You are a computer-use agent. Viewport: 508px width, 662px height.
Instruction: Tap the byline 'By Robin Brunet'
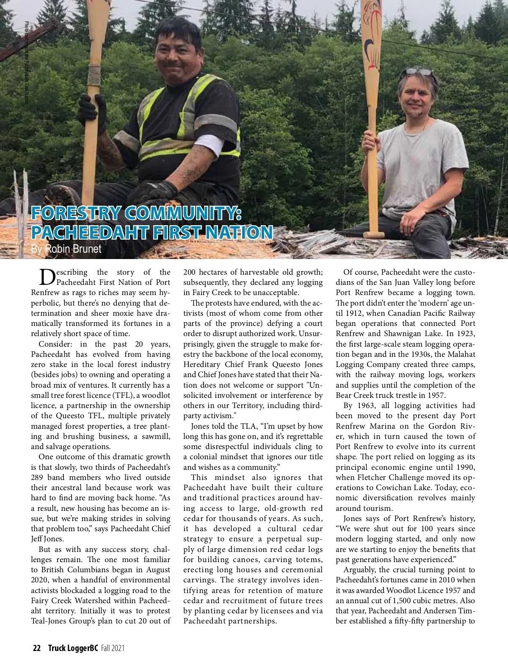pos(66,249)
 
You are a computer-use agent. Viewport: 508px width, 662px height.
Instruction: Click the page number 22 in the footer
pos(37,648)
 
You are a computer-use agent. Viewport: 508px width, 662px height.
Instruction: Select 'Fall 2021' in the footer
pos(113,648)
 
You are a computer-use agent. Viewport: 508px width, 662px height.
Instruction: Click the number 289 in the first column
pos(38,477)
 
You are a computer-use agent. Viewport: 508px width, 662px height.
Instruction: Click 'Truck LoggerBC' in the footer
pos(73,648)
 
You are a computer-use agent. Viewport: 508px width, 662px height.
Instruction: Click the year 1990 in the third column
pos(465,467)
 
